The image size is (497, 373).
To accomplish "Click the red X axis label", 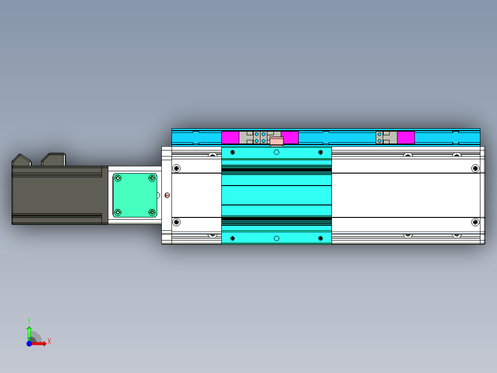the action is point(49,342).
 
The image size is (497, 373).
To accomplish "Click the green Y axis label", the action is point(29,321).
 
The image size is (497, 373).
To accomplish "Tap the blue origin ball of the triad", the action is point(29,344).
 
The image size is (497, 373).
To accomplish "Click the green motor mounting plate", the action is point(135,195).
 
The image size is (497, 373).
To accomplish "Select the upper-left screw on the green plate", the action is point(118,178).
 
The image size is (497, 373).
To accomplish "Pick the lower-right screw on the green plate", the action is point(152,212).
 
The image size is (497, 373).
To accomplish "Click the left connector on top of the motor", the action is point(22,160).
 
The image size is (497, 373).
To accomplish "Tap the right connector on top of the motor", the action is point(53,159).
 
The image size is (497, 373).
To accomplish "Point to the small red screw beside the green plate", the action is point(167,195).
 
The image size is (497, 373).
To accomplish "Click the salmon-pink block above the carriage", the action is point(277,141).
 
